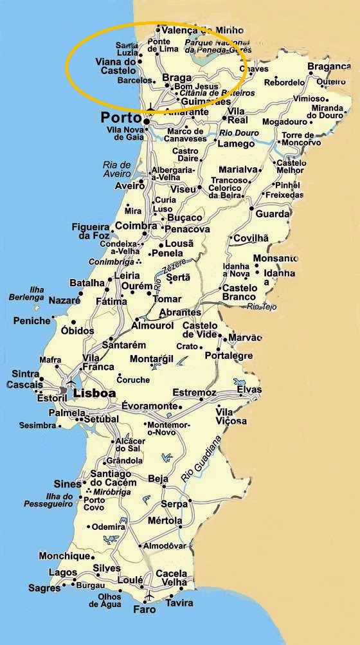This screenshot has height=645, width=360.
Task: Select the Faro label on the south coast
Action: click(144, 609)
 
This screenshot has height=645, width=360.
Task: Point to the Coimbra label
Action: click(136, 226)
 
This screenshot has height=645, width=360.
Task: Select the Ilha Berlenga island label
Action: click(27, 293)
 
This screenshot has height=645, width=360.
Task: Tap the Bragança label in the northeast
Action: click(332, 67)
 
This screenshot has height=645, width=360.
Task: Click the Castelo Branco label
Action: click(240, 293)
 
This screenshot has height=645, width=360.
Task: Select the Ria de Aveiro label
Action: click(116, 169)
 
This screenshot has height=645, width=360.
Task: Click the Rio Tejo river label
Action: click(262, 307)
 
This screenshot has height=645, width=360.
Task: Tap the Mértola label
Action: click(165, 520)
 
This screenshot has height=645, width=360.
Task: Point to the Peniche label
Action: click(31, 320)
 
